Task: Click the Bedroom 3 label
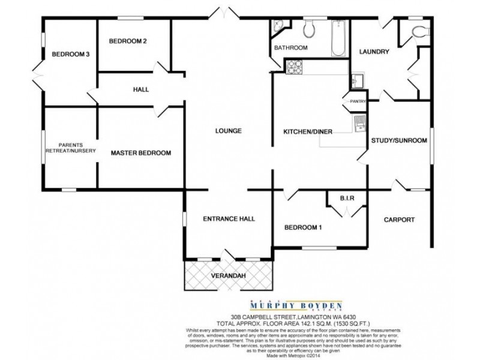point(70,54)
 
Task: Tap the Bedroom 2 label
point(128,41)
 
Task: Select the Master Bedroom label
point(141,153)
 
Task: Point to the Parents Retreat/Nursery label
point(70,148)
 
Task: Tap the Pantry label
point(358,101)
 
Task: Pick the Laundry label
point(374,52)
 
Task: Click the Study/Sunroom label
point(399,140)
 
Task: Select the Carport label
point(399,220)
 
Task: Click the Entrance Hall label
point(229,219)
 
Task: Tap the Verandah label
point(229,276)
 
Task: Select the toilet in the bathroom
point(310,28)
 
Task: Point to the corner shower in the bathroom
point(279,26)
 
